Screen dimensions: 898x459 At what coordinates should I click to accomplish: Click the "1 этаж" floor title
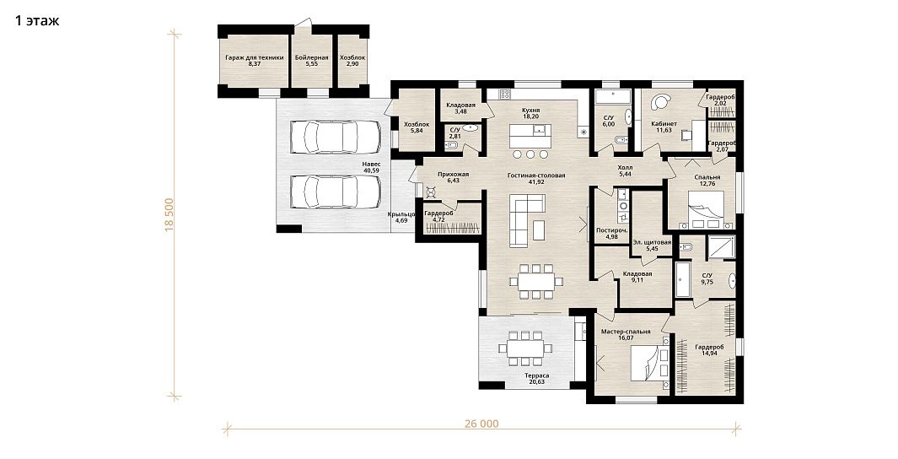[36, 21]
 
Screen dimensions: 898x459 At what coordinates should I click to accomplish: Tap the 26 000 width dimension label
[481, 424]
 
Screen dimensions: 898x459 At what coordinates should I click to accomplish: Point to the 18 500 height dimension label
[169, 215]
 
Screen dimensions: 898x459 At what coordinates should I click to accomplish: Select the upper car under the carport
[335, 137]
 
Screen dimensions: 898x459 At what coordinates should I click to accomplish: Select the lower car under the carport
[335, 192]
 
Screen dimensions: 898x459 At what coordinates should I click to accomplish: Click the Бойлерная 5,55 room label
[311, 61]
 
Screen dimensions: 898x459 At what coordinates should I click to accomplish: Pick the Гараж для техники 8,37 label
[255, 61]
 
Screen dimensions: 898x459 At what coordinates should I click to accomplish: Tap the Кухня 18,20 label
[531, 113]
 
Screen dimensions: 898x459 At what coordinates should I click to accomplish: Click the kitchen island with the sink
[530, 137]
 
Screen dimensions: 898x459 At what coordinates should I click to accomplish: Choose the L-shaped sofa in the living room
[526, 220]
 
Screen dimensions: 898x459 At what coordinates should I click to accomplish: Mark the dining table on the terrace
[524, 348]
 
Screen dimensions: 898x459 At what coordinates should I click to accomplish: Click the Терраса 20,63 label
[537, 379]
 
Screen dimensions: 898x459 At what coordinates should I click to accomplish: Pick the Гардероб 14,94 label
[710, 350]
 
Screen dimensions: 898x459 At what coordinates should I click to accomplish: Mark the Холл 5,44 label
[626, 170]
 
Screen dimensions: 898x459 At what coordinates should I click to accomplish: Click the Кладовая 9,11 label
[637, 278]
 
